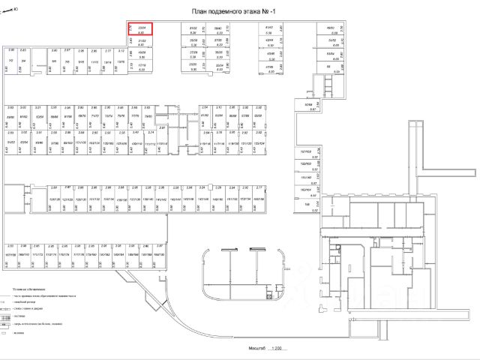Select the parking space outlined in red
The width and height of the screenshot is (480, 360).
coord(140,28)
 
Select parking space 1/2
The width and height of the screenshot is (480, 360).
coord(11,61)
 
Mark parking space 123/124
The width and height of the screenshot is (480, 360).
coord(259,142)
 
